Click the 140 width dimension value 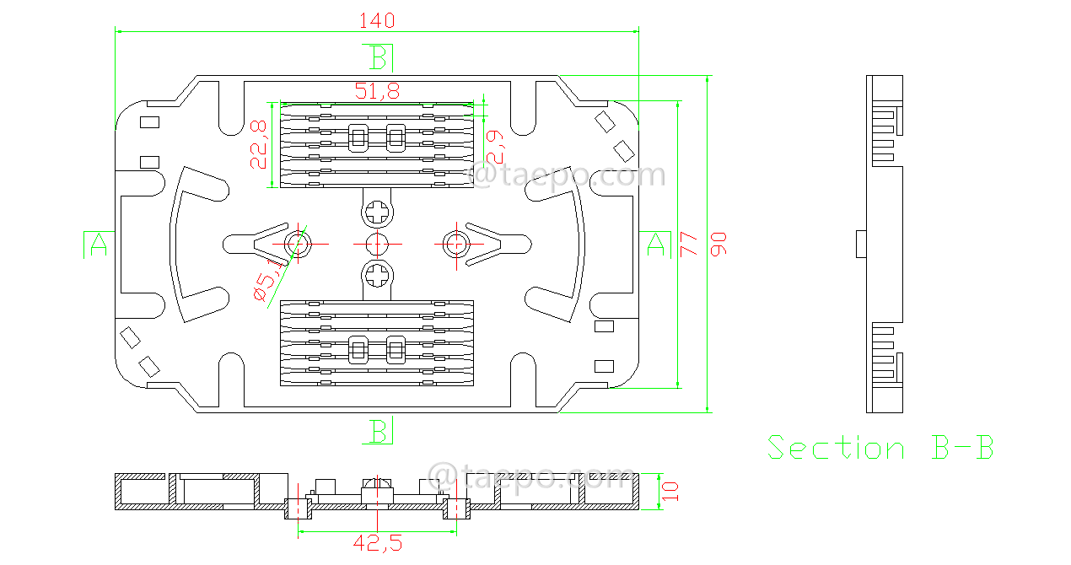pyautogui.click(x=377, y=20)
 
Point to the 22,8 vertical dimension pyautogui.click(x=259, y=144)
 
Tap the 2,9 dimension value pyautogui.click(x=497, y=146)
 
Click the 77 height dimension pyautogui.click(x=689, y=244)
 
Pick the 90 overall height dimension pyautogui.click(x=718, y=244)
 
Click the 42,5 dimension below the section pyautogui.click(x=377, y=544)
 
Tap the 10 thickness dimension pyautogui.click(x=670, y=492)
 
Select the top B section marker pyautogui.click(x=379, y=58)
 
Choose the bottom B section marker pyautogui.click(x=379, y=432)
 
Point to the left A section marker pyautogui.click(x=99, y=244)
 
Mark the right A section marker pyautogui.click(x=655, y=244)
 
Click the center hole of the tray pyautogui.click(x=377, y=244)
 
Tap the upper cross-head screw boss pyautogui.click(x=378, y=210)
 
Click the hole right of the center pyautogui.click(x=456, y=244)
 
